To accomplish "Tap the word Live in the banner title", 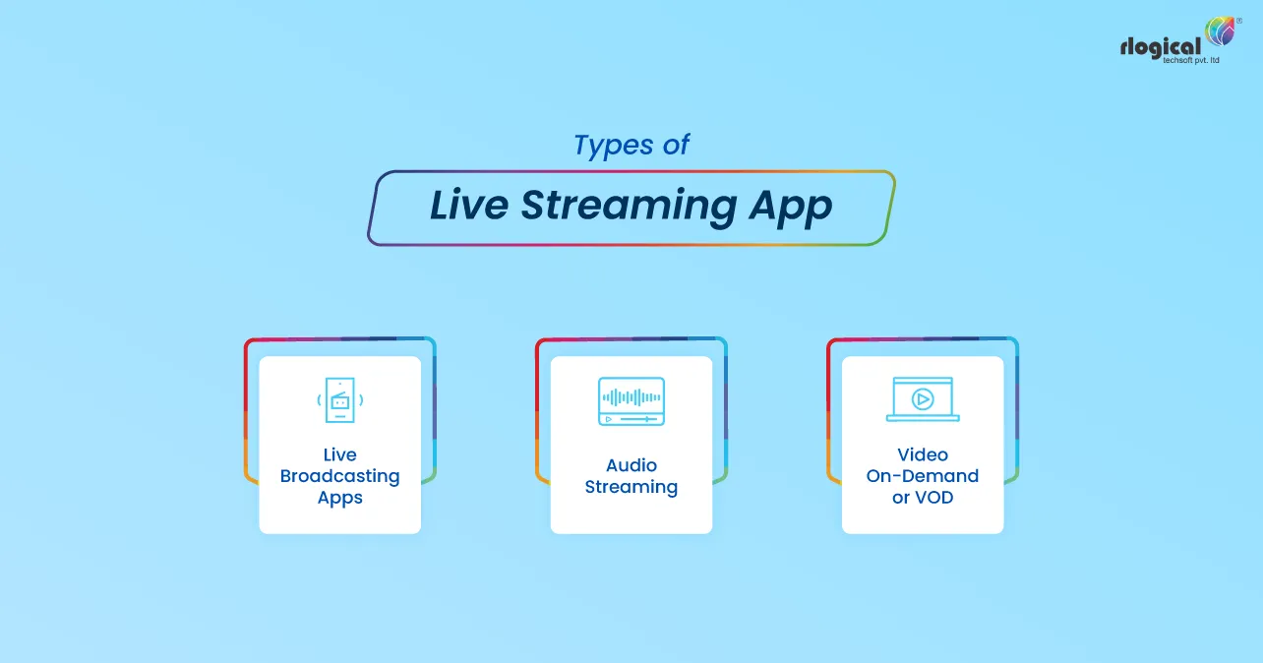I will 467,206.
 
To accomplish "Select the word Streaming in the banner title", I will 627,206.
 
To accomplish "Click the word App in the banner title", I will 791,207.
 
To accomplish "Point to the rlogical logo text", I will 1160,47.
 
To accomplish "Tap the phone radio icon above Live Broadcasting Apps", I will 339,399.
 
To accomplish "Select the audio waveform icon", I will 631,400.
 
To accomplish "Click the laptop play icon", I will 923,399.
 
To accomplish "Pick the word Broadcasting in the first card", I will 339,476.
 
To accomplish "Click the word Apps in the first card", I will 339,498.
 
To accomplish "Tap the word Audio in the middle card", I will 631,465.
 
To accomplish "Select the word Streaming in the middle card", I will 631,487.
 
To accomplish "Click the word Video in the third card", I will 923,454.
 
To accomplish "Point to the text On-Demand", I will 923,476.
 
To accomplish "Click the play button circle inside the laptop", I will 923,398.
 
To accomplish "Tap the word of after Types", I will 675,146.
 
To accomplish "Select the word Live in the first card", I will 339,454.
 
